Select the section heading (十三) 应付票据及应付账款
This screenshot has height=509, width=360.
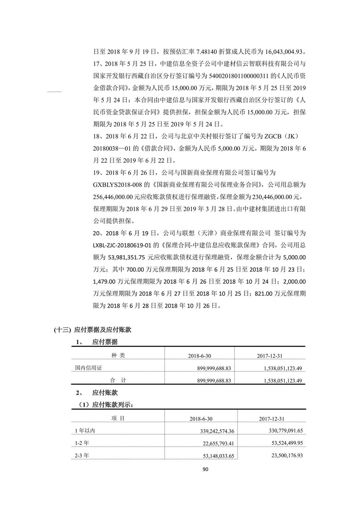(x=93, y=330)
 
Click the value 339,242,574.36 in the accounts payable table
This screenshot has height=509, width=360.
(x=217, y=431)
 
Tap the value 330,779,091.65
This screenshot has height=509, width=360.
(x=286, y=431)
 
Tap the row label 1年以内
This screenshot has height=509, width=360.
(x=85, y=431)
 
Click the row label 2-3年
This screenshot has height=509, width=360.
(x=82, y=456)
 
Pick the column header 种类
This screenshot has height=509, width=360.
(x=118, y=356)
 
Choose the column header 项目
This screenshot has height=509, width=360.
(x=118, y=418)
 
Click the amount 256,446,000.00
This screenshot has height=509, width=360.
(x=113, y=197)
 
